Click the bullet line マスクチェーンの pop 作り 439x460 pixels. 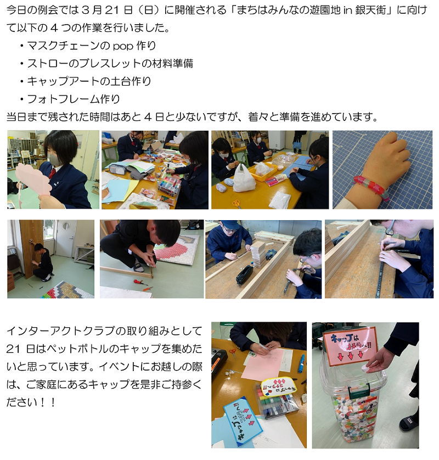click(88, 46)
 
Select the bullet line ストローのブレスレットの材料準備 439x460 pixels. click(106, 64)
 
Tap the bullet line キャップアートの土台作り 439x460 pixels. click(86, 81)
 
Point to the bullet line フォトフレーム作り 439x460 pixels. click(70, 99)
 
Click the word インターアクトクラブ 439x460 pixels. click(59, 331)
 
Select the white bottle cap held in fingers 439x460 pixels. click(366, 367)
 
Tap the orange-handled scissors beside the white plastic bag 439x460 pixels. click(237, 203)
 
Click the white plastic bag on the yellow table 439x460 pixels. click(244, 178)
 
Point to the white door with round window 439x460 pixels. click(66, 238)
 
